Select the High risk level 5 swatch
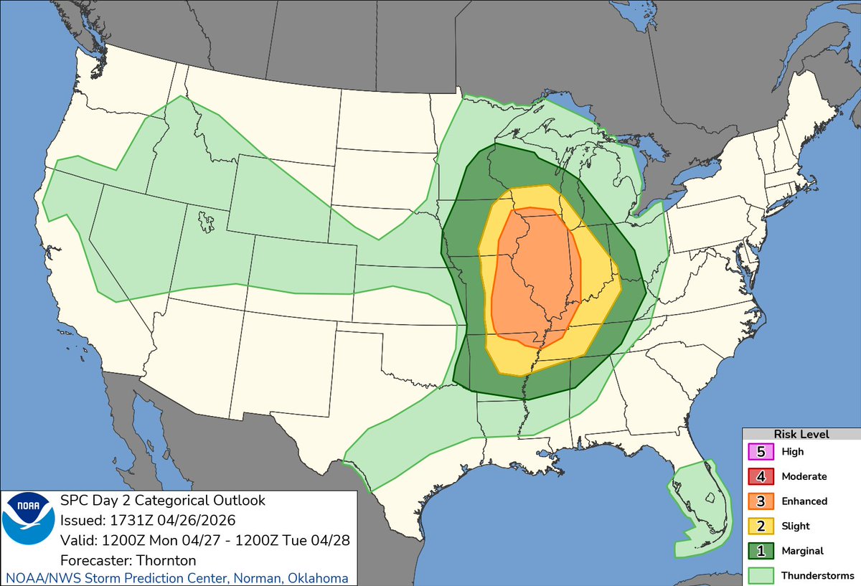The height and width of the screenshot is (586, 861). [x=761, y=452]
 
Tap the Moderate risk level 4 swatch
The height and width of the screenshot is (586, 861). [x=761, y=476]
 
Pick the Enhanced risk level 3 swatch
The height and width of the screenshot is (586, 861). [x=761, y=501]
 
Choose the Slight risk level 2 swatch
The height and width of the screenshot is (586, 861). [x=761, y=526]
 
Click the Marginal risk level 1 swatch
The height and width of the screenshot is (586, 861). [x=761, y=551]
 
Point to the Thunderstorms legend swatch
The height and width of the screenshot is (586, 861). [x=761, y=575]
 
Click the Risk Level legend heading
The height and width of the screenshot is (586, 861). [x=801, y=434]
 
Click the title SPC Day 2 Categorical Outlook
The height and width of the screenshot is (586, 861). [x=163, y=500]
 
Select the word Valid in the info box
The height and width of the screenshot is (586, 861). [x=75, y=540]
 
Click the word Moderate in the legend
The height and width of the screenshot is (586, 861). [x=804, y=476]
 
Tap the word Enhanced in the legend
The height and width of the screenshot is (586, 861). [x=804, y=501]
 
